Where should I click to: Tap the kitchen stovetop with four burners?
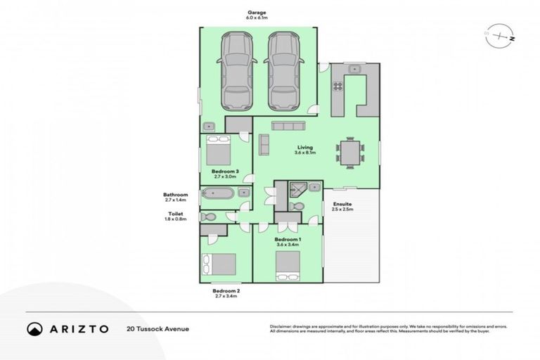337,87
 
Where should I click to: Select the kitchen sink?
354,69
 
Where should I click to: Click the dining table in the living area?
349,153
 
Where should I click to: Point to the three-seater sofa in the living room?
288,126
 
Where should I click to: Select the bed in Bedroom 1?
288,264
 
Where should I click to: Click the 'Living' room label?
304,148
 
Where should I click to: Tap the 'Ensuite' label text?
342,203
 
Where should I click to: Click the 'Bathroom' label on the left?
175,195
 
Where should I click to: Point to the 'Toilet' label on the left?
175,213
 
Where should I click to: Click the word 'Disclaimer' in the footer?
282,326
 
